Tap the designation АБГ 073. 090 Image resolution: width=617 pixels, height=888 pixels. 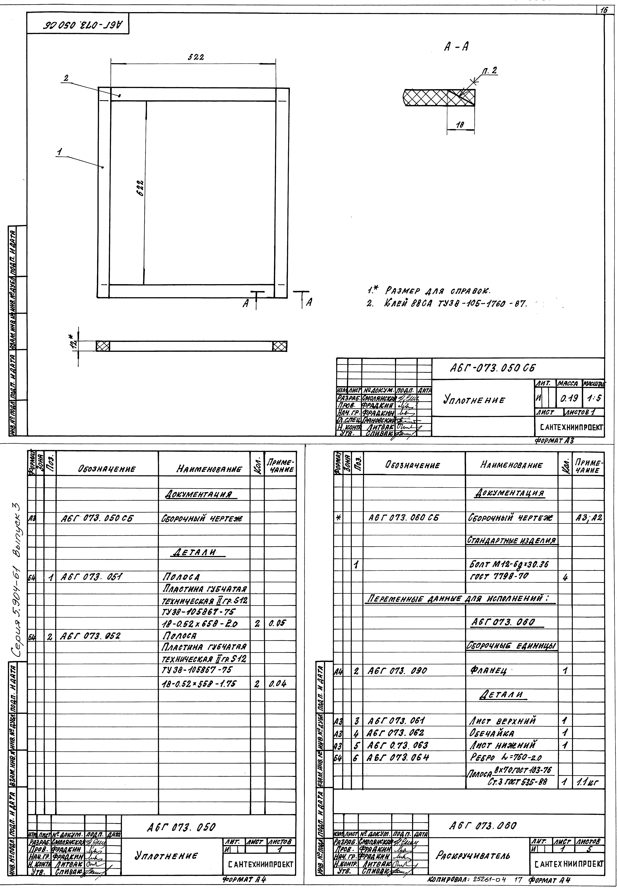coord(397,670)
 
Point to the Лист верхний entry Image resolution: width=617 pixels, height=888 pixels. coord(503,721)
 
